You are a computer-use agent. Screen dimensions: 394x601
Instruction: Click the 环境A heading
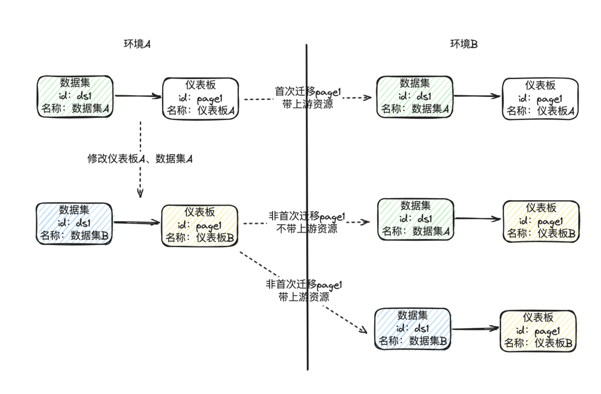137,44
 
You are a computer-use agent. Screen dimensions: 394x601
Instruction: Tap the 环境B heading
464,44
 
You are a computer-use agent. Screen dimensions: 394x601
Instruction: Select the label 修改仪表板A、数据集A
140,159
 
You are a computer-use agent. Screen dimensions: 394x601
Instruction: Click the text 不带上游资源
307,229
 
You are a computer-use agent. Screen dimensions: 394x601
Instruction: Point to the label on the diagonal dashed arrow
304,290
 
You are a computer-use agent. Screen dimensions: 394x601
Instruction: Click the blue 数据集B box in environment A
74,223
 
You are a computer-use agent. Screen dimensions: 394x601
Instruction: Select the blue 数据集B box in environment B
413,329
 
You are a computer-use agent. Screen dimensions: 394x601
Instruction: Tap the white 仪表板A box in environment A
200,98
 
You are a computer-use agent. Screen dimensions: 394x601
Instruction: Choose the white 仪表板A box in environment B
540,99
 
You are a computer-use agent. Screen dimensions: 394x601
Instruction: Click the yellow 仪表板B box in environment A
200,226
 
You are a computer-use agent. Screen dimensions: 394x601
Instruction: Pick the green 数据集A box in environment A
75,96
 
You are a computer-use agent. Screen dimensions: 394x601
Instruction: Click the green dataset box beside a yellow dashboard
416,219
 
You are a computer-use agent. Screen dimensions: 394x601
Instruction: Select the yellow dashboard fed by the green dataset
541,221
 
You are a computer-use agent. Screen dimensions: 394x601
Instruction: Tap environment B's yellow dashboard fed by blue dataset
538,331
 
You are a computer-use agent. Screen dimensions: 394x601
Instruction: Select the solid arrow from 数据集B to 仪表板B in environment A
137,223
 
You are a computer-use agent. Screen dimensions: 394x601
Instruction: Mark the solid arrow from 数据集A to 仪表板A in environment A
138,96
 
